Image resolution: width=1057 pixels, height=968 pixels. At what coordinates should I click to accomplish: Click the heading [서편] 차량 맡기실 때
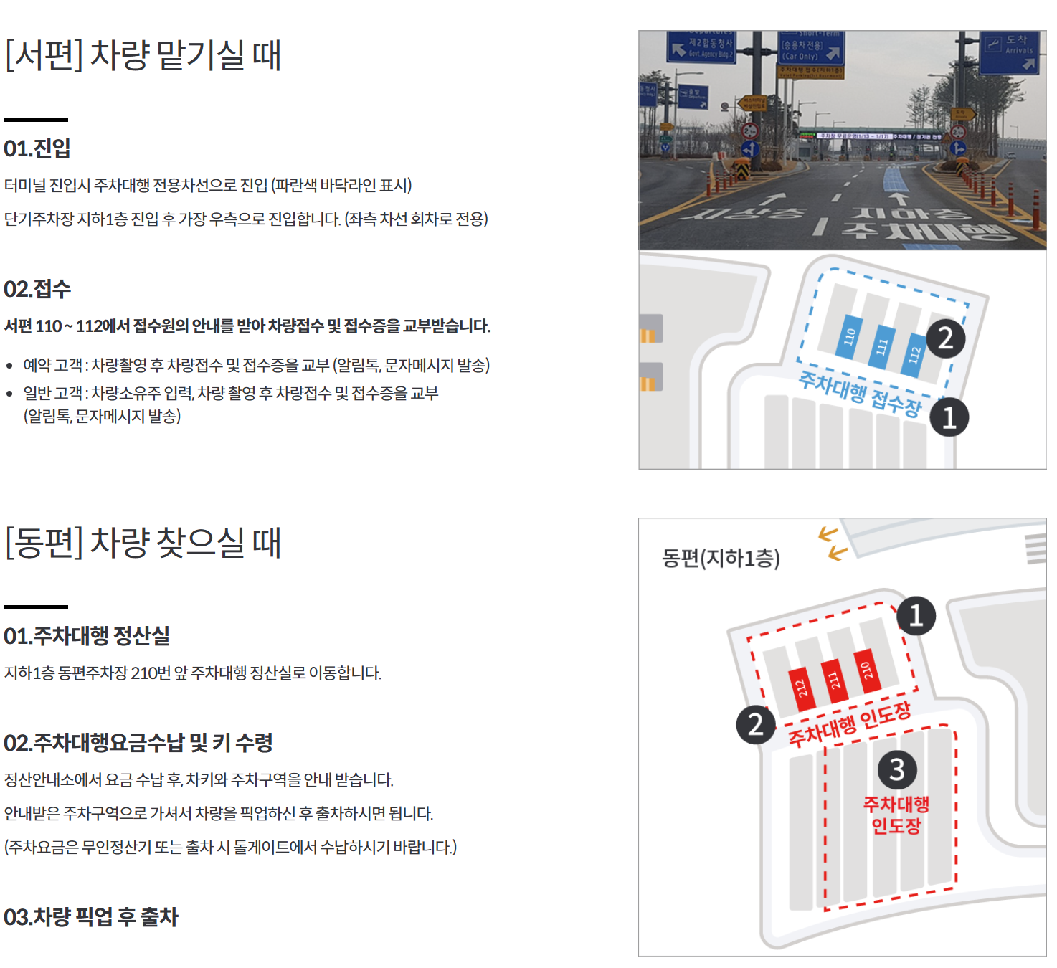[143, 54]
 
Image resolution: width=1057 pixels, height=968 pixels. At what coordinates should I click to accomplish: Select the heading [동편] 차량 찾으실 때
[143, 542]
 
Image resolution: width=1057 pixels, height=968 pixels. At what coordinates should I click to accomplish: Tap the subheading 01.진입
[37, 148]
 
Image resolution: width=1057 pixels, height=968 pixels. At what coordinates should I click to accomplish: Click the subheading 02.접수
[37, 289]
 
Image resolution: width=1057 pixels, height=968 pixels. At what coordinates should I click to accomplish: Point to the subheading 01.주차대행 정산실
[87, 636]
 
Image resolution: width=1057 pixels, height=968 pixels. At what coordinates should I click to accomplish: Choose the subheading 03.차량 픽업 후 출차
[91, 917]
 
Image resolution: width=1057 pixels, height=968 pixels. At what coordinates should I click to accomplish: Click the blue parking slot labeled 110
[850, 336]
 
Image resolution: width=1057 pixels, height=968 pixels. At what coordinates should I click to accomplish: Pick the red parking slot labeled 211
[834, 680]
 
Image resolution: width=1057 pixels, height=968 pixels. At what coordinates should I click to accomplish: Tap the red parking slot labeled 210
[866, 671]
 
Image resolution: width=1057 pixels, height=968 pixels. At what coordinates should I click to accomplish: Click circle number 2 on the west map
[945, 338]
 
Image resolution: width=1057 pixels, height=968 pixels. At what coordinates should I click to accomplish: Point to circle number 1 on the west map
[949, 417]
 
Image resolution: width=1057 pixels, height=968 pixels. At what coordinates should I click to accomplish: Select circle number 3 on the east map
[897, 769]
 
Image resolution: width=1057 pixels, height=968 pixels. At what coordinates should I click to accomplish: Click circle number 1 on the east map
[916, 616]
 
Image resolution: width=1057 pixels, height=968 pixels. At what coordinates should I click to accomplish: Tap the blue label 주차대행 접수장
[860, 393]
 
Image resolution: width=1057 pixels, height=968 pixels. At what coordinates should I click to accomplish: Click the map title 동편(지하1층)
[721, 558]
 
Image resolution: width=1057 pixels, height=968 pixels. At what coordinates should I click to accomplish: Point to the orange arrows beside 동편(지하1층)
[833, 544]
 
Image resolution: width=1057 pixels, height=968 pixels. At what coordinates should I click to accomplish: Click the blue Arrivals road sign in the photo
[1009, 52]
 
